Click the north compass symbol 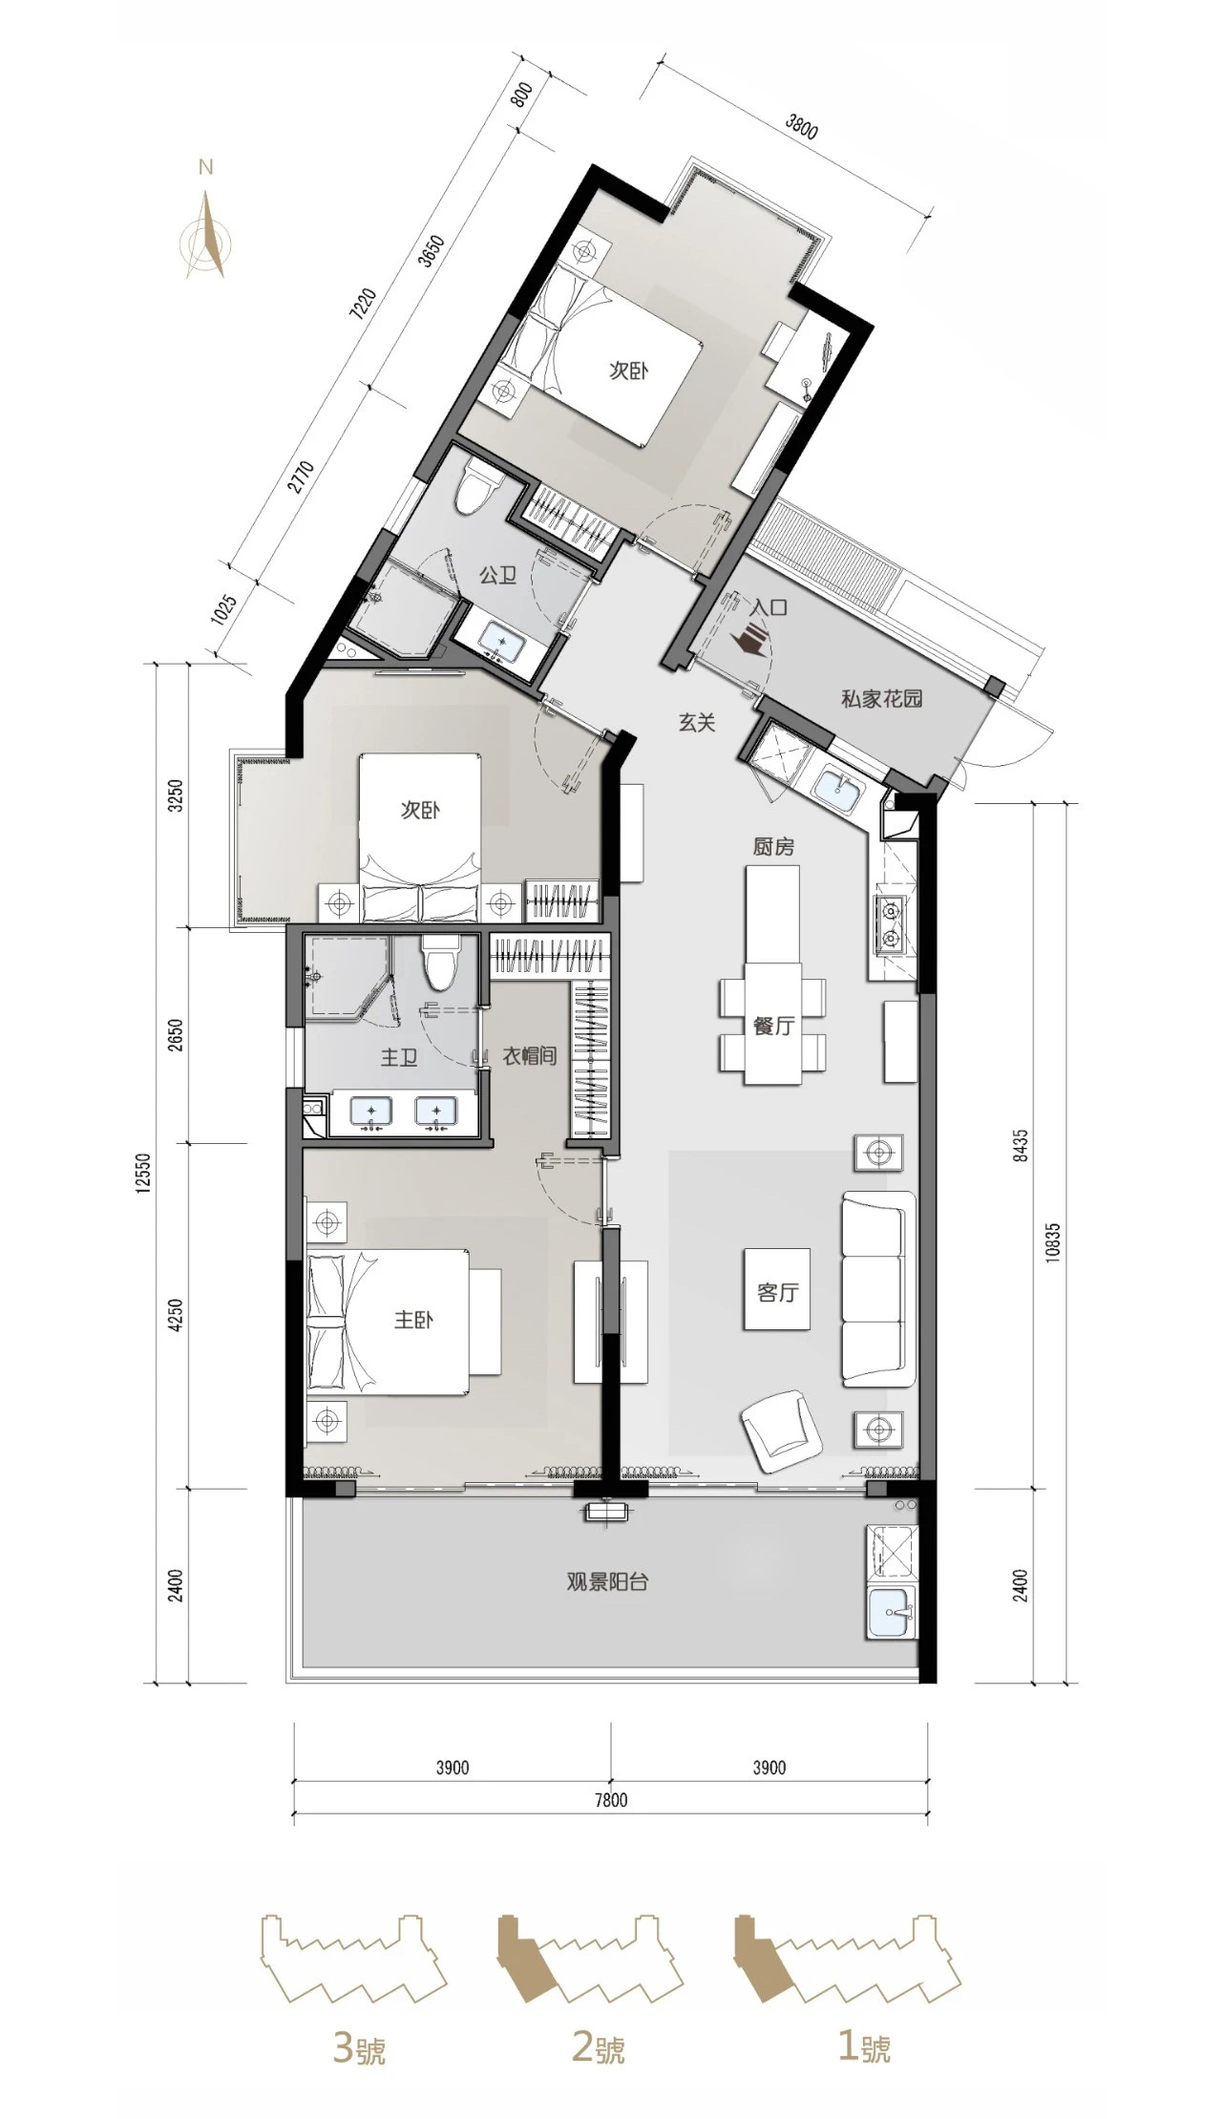pos(206,233)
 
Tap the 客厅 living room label pos(776,1293)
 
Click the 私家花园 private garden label pos(881,698)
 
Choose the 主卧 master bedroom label pos(414,1320)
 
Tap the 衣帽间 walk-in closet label pos(529,1056)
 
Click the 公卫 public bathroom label pos(497,575)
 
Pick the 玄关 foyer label pos(697,723)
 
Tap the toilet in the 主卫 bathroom pos(441,964)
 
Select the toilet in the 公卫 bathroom pos(474,488)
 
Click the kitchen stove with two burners pos(894,925)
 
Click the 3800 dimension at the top pos(800,127)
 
